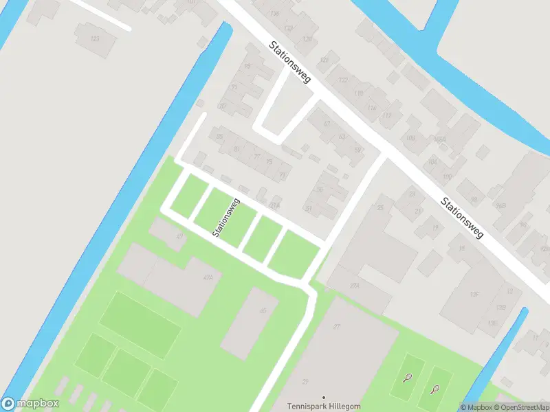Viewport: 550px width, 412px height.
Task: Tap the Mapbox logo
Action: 30,404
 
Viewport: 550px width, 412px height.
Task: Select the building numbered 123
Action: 95,38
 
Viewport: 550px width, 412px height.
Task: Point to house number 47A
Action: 208,278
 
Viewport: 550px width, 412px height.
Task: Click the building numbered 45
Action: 262,311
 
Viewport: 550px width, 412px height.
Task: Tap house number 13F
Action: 474,294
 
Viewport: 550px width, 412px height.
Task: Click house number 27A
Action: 355,286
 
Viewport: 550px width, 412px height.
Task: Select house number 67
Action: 327,124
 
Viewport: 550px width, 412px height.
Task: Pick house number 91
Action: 234,88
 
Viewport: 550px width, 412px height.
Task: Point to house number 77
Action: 257,157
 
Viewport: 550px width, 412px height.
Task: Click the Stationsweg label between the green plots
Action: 225,218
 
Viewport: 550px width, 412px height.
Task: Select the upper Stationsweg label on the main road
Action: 289,62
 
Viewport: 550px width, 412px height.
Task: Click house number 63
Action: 342,137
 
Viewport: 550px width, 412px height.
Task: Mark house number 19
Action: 435,228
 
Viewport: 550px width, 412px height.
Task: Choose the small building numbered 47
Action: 180,236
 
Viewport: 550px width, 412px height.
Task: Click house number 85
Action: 219,137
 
